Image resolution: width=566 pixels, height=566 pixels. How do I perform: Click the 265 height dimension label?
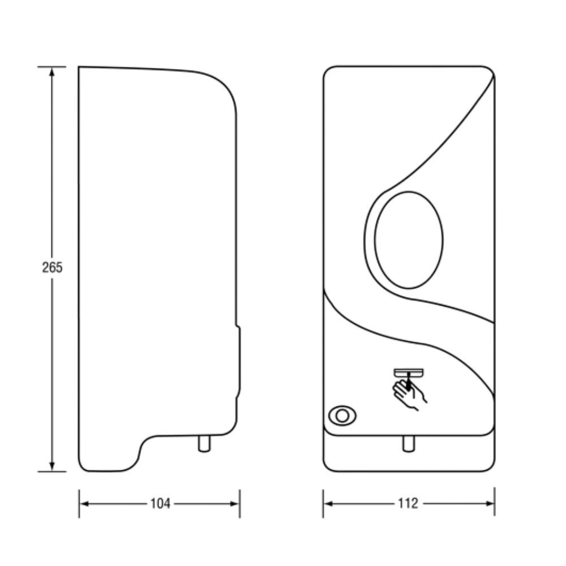point(52,268)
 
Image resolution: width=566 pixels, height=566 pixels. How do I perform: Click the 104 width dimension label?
point(160,504)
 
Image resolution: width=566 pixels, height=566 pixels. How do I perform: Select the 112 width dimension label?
point(408,503)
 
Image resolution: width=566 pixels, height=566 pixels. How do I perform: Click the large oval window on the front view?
point(409,240)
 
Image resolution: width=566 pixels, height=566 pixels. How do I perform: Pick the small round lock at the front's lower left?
point(342,415)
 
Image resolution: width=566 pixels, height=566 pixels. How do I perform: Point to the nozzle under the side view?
point(204,444)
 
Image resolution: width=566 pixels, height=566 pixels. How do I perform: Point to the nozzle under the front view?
point(409,444)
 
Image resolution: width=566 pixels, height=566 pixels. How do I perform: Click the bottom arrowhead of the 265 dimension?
point(52,466)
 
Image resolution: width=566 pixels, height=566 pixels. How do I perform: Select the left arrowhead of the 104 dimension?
point(84,504)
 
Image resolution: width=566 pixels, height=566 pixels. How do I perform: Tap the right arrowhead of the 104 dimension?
point(235,504)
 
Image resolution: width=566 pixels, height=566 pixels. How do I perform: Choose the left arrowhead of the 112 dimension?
point(328,503)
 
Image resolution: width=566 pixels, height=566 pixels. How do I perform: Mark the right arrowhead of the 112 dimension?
point(490,503)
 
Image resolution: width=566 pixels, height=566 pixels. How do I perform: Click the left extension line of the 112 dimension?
point(323,504)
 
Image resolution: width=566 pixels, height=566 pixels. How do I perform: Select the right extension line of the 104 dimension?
point(240,504)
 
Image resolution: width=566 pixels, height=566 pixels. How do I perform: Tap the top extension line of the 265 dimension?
point(52,67)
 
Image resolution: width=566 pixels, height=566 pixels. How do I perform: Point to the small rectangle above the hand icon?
point(409,372)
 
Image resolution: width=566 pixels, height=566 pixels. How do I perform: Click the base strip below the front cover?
point(409,453)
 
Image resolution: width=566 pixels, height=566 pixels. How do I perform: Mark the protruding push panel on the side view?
point(238,362)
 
